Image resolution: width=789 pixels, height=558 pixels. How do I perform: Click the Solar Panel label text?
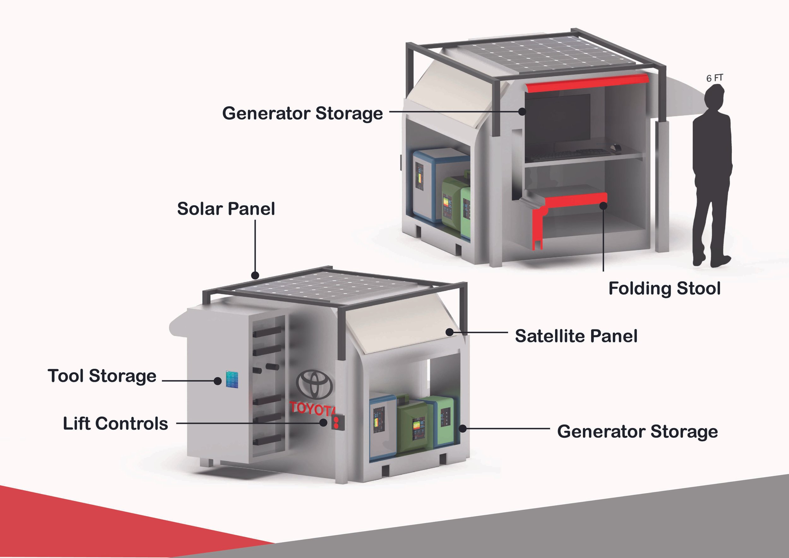tap(226, 209)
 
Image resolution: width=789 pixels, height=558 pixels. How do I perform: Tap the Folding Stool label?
tap(664, 288)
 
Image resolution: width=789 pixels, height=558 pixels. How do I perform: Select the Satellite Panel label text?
tap(576, 336)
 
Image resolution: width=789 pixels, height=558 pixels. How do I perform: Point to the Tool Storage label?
tap(102, 376)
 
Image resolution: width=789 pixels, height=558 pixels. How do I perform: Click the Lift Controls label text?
tap(116, 423)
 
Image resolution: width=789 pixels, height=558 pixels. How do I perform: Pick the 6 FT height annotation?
tap(715, 78)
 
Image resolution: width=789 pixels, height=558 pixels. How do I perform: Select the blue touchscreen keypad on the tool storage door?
tap(232, 379)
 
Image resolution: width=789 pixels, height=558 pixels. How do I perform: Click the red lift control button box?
tap(337, 423)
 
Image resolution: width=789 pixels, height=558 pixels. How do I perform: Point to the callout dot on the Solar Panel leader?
tap(255, 275)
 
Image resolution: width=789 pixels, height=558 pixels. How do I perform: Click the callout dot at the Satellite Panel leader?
tap(449, 332)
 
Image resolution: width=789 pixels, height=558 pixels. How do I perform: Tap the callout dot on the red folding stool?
tap(603, 206)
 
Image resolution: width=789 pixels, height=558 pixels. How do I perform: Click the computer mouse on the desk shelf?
tap(615, 147)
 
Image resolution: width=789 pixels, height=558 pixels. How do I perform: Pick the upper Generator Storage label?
tap(302, 113)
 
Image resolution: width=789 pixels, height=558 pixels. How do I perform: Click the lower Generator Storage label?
tap(638, 431)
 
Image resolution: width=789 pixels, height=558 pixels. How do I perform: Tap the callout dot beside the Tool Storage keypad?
tap(217, 381)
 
